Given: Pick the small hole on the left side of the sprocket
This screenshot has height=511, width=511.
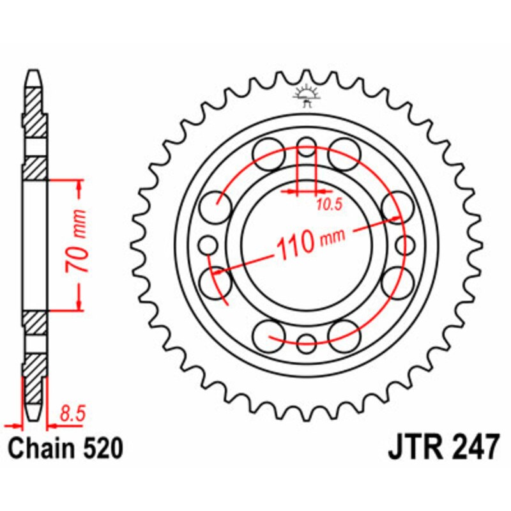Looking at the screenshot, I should [208, 244].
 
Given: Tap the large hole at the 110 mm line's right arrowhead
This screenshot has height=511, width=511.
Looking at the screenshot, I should [397, 207].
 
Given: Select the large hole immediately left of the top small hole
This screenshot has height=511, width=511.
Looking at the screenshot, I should [269, 152].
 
